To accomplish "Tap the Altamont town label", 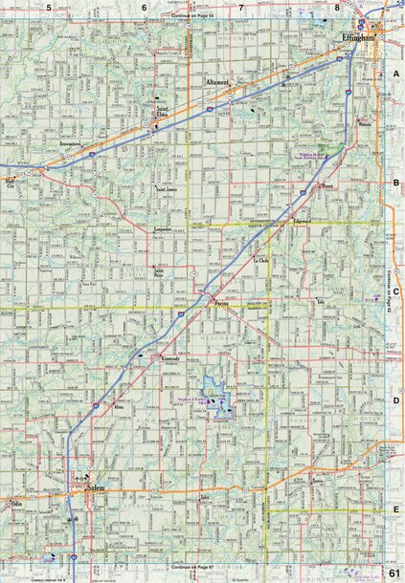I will [218, 83].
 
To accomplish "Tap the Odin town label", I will [15, 501].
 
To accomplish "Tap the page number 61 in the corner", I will [394, 572].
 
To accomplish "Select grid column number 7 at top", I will [241, 8].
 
